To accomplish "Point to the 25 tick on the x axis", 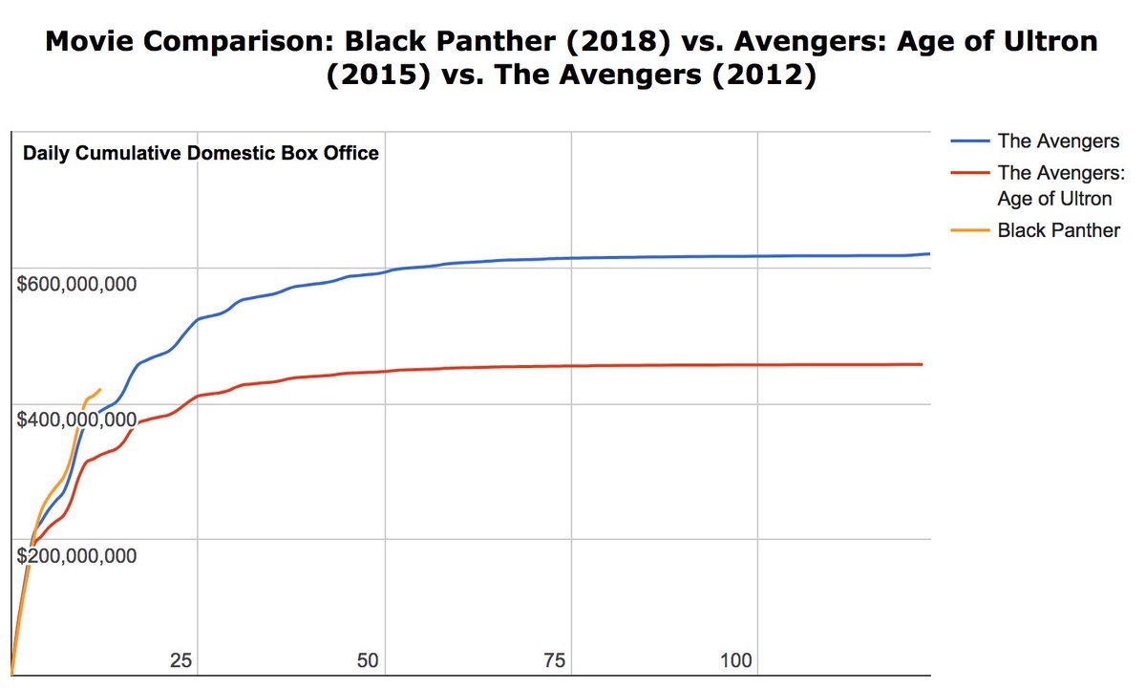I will point(181,660).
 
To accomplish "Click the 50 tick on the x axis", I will point(369,660).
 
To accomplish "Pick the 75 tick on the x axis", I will point(555,660).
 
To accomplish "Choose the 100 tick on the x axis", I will point(736,660).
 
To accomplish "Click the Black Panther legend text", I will point(1058,230).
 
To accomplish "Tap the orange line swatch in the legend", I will point(969,230).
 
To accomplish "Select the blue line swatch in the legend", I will point(969,141).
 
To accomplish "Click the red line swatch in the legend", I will point(969,173).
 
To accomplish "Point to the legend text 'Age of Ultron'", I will point(1054,199).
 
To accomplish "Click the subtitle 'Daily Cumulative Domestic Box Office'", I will point(201,153).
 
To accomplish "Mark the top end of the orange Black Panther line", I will point(99,390).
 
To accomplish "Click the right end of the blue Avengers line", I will point(929,253).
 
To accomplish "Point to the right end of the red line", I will point(922,364).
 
